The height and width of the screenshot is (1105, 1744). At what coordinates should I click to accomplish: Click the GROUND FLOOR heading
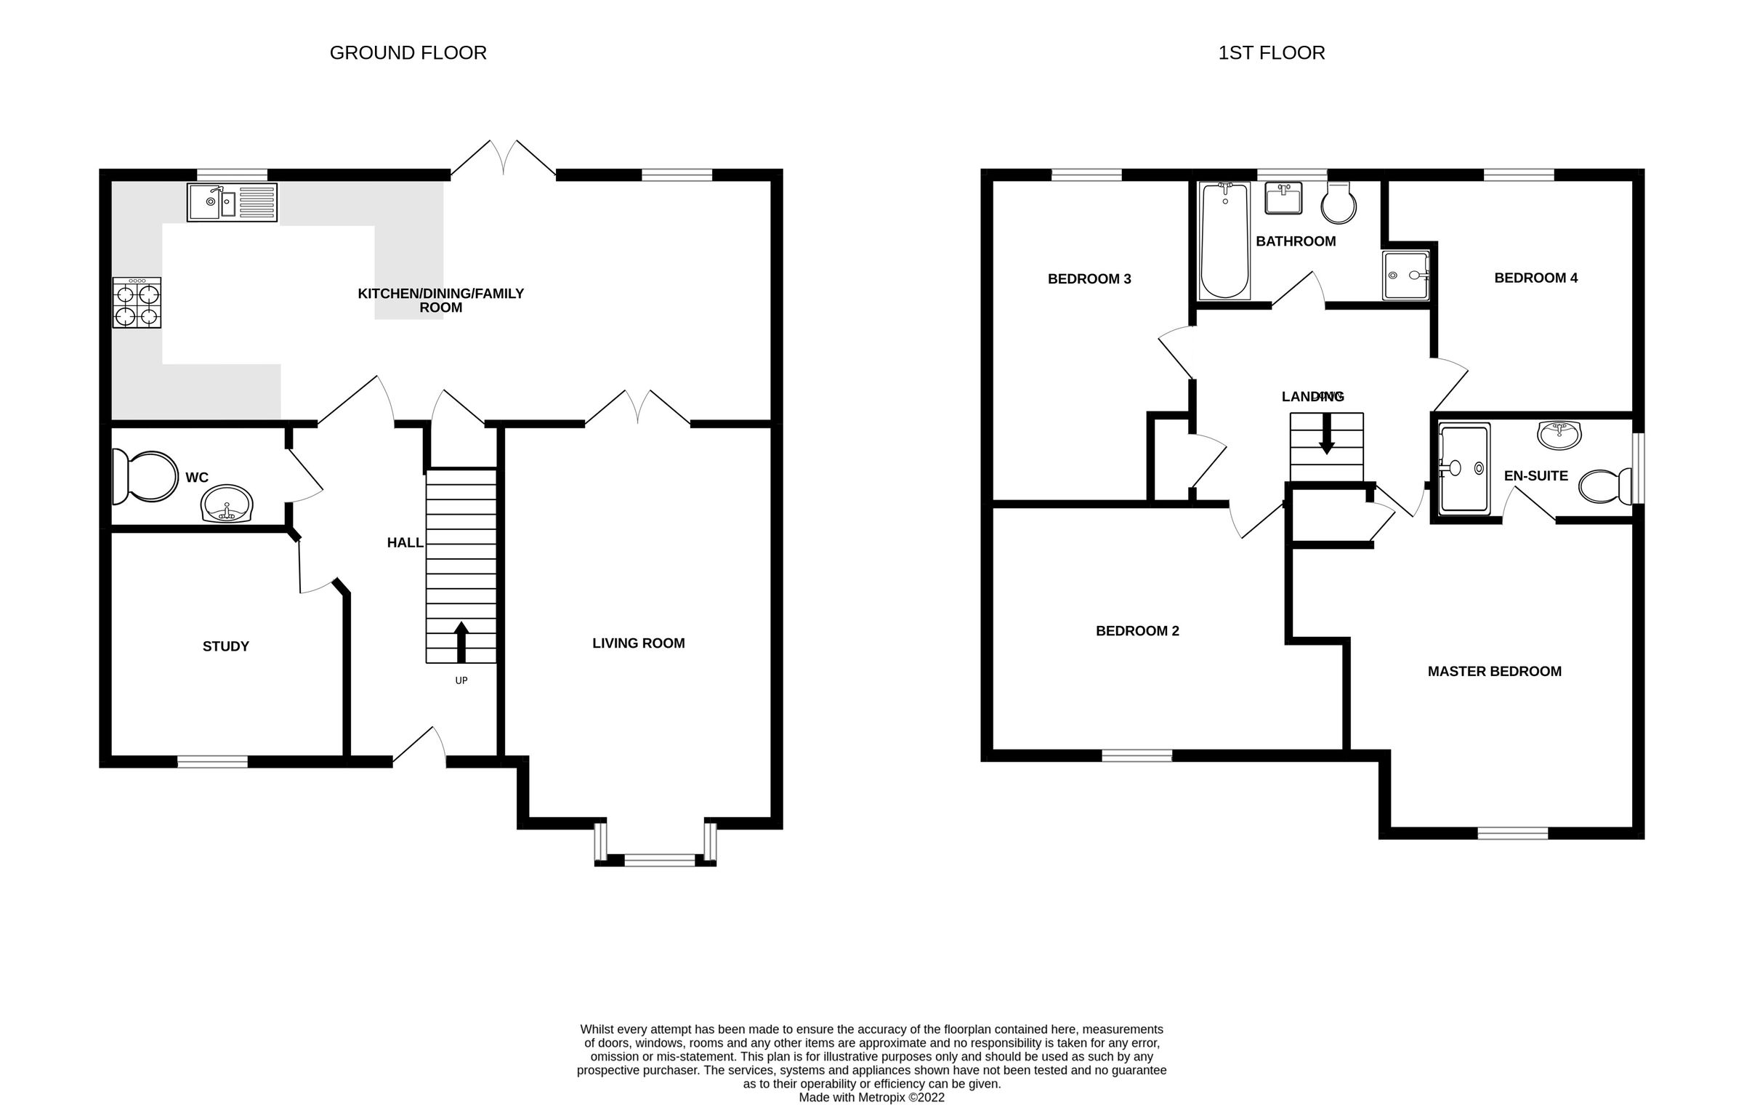pyautogui.click(x=408, y=53)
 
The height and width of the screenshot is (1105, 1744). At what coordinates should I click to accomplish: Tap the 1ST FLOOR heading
pyautogui.click(x=1271, y=53)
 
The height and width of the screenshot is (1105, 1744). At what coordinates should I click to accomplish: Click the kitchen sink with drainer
pyautogui.click(x=232, y=202)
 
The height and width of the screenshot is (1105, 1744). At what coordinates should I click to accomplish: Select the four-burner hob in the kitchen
pyautogui.click(x=137, y=302)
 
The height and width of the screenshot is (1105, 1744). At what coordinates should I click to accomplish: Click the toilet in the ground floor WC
pyautogui.click(x=145, y=476)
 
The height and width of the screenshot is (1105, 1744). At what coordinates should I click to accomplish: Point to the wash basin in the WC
pyautogui.click(x=227, y=504)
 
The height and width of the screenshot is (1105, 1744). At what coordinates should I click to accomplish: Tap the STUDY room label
pyautogui.click(x=225, y=646)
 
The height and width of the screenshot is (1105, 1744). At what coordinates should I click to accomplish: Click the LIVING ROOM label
pyautogui.click(x=638, y=643)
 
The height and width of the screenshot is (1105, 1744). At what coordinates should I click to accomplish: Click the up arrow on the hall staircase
pyautogui.click(x=461, y=641)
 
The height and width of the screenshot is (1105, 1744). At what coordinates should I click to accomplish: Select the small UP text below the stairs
pyautogui.click(x=461, y=680)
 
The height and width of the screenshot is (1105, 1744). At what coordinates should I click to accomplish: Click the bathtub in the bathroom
pyautogui.click(x=1225, y=240)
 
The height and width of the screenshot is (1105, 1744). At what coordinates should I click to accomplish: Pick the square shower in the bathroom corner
pyautogui.click(x=1405, y=275)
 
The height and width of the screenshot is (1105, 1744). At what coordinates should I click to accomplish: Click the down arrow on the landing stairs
pyautogui.click(x=1326, y=435)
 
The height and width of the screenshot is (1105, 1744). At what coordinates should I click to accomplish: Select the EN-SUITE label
pyautogui.click(x=1535, y=475)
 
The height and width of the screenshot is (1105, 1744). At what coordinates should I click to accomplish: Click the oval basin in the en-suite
pyautogui.click(x=1559, y=435)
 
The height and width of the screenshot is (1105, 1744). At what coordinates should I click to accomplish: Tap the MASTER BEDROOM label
pyautogui.click(x=1494, y=671)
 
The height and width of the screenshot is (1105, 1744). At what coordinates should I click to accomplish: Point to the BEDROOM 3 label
pyautogui.click(x=1089, y=278)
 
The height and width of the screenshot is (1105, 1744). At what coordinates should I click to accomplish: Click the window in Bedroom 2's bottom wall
pyautogui.click(x=1137, y=756)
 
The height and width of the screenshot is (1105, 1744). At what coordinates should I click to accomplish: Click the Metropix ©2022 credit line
pyautogui.click(x=871, y=1097)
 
